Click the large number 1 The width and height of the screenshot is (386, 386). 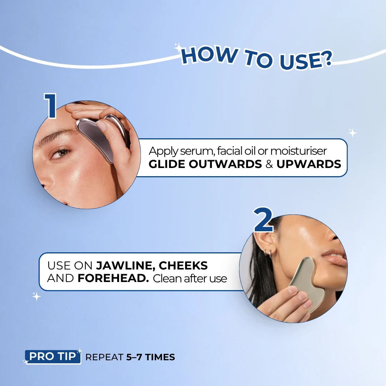[50, 105]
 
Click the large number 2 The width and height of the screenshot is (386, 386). [264, 219]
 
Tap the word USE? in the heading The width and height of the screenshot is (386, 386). [305, 61]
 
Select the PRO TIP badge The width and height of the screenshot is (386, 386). [53, 356]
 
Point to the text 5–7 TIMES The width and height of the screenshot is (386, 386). [151, 357]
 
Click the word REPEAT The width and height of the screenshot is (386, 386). [104, 357]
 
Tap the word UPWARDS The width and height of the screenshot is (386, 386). [309, 164]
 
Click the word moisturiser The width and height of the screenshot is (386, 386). [298, 151]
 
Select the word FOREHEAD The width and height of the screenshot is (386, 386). [113, 278]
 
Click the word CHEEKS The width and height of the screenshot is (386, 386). [183, 265]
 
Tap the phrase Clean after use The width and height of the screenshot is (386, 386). [190, 279]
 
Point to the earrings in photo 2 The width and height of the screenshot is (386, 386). [268, 253]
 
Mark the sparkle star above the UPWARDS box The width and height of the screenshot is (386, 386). [352, 133]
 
